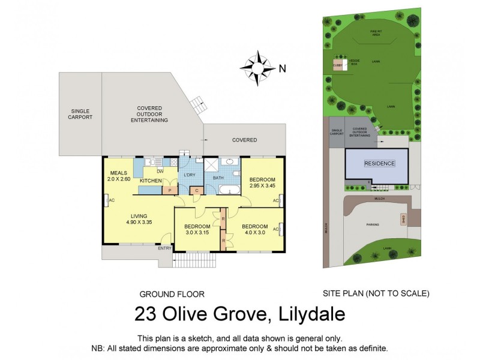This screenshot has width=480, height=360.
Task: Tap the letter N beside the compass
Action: point(282,68)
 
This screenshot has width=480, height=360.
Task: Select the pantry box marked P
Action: point(170,190)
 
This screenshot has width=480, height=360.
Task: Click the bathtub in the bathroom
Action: point(227,190)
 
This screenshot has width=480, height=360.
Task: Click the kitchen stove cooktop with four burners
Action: point(174,162)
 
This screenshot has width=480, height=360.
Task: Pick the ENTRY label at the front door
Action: point(164,248)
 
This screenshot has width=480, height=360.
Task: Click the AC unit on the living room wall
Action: point(106,200)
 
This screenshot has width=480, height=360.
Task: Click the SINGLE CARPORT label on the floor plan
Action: point(81,114)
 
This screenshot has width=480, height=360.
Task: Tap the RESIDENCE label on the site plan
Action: point(379,163)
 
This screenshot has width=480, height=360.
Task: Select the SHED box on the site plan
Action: point(403,220)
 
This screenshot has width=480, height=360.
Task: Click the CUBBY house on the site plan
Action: point(338,65)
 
